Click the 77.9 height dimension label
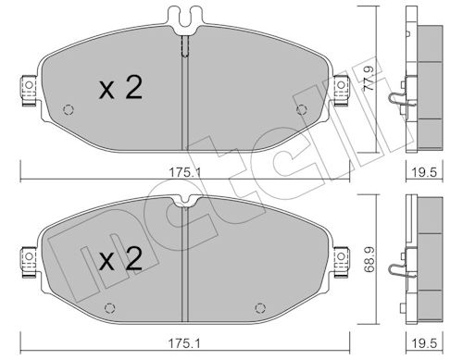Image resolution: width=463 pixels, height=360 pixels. [x=369, y=79]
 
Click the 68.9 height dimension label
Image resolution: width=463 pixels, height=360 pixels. [x=369, y=259]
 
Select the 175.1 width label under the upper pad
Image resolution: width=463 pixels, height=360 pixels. [x=184, y=172]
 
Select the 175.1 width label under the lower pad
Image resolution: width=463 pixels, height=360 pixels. [x=184, y=343]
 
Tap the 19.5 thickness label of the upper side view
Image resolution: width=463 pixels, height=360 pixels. [x=425, y=172]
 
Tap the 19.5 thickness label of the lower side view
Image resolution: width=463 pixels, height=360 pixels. [x=425, y=343]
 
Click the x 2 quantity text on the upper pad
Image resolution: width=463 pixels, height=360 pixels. [x=120, y=88]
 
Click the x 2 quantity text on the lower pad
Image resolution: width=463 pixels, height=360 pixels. [x=120, y=259]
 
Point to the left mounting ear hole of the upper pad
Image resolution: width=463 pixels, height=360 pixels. [x=29, y=85]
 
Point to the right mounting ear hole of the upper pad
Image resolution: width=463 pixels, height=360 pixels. [x=341, y=85]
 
